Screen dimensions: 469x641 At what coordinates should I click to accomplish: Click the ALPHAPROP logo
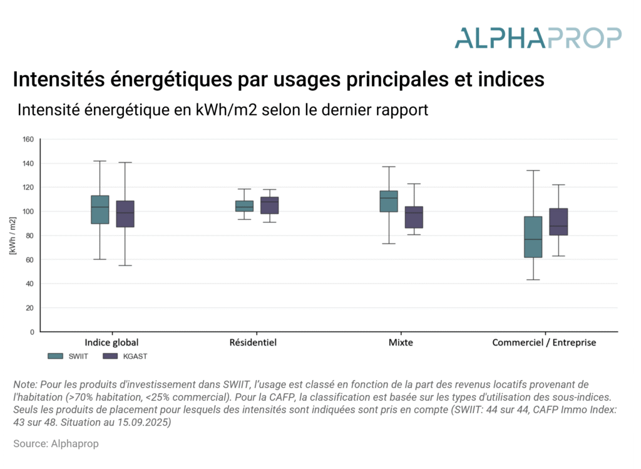tap(538, 38)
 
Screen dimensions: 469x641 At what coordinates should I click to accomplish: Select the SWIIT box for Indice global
tap(100, 209)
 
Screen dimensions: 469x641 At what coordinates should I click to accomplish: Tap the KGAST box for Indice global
tap(125, 214)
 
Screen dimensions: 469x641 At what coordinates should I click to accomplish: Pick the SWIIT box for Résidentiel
tap(244, 206)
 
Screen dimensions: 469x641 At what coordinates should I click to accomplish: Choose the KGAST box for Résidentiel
tap(270, 205)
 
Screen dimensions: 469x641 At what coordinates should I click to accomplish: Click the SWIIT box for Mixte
tap(389, 201)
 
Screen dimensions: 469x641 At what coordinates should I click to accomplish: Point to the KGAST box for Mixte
tap(414, 217)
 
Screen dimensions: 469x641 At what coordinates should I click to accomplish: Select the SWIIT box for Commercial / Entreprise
tap(533, 237)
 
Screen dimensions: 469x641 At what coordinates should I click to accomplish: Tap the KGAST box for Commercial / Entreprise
tap(558, 222)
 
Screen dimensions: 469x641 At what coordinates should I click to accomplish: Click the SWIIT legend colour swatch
tap(56, 356)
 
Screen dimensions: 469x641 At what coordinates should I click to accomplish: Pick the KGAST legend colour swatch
tap(110, 356)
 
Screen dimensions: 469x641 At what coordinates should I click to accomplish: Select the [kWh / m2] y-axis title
tap(13, 235)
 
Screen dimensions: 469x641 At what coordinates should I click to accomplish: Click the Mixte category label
tap(401, 343)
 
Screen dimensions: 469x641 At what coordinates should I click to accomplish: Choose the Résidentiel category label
tap(253, 343)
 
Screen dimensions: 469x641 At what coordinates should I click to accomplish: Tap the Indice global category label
tap(111, 343)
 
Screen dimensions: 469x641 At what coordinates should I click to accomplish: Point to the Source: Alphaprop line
tap(56, 443)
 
